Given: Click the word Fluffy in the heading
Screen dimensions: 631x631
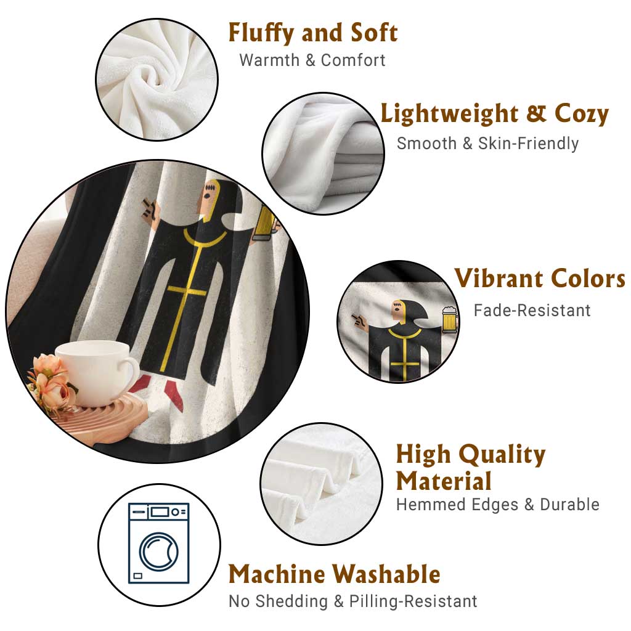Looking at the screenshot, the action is click(261, 33).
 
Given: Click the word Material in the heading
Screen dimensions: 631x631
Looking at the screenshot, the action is click(444, 481).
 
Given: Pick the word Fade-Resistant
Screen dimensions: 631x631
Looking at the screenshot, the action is click(532, 311).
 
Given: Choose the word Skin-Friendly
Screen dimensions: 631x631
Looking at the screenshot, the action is click(528, 143).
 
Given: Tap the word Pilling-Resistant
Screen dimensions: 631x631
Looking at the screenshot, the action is click(413, 601).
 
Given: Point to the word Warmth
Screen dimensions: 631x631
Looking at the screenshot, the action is click(269, 60).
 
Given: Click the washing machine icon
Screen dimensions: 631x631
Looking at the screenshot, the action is click(159, 543).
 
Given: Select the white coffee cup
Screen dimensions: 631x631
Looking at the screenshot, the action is click(97, 372).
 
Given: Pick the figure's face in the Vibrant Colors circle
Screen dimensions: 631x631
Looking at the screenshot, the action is click(399, 311).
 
